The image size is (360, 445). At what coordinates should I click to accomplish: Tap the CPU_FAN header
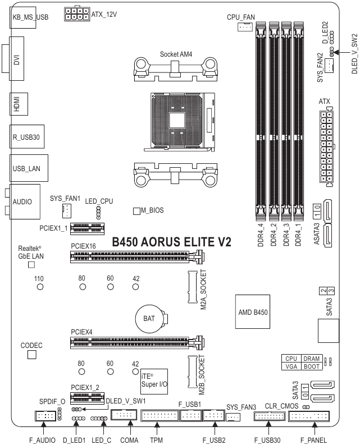pos(245,27)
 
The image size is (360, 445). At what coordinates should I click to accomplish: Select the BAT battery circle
pos(149,318)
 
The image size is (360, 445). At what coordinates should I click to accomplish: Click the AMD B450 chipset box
pos(253,310)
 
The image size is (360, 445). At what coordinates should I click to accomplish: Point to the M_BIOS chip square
pos(136,211)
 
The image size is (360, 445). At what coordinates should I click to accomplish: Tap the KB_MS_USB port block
pos(29,17)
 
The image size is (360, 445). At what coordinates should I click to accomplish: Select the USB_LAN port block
pos(30,167)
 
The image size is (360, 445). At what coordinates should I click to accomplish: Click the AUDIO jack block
pos(24,200)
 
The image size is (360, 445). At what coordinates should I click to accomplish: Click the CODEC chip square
pos(32,355)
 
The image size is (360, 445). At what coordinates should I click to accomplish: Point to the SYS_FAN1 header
pos(66,210)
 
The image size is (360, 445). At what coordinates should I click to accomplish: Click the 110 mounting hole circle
pos(40,287)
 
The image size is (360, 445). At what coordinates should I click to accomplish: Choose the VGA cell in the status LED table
pos(291,366)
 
